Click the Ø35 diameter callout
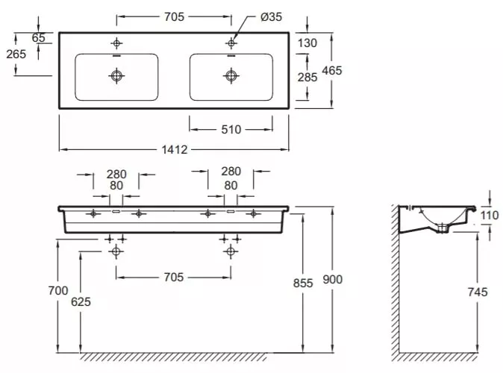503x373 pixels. (271, 16)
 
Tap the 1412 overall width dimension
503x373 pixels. (174, 149)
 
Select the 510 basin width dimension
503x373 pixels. (231, 129)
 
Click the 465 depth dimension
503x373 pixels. (332, 70)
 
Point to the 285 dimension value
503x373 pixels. (307, 77)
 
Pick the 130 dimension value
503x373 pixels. (307, 43)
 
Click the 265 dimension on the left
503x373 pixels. (16, 54)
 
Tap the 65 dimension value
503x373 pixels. (39, 37)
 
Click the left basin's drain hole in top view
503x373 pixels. (116, 76)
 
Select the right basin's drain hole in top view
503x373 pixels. (231, 76)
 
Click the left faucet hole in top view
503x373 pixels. (116, 43)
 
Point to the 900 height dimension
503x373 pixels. (333, 279)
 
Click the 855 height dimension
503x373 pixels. (303, 283)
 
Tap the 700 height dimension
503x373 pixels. (58, 291)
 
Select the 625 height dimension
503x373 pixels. (81, 301)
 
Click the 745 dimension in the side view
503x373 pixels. (478, 292)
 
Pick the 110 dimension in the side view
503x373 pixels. (490, 215)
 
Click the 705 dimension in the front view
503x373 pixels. (174, 277)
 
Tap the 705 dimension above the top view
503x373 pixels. (174, 16)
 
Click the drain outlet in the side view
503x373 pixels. (443, 228)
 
